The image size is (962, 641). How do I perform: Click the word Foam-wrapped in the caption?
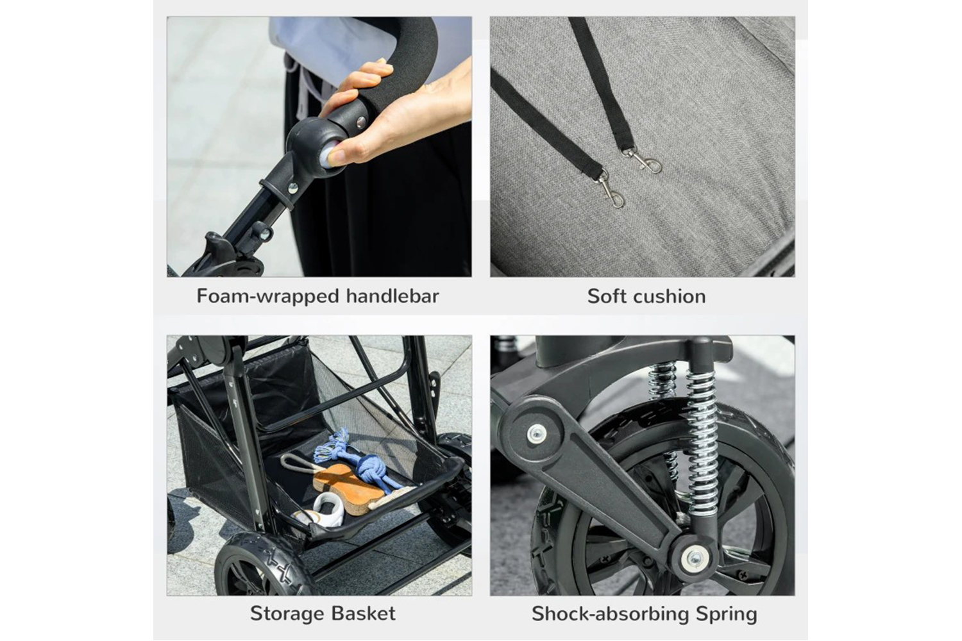point(268,297)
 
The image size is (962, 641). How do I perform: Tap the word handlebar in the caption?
point(392,296)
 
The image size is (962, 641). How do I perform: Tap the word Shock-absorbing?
point(611,614)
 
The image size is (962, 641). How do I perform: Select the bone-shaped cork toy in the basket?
point(347,490)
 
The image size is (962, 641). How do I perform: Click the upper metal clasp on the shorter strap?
point(642,160)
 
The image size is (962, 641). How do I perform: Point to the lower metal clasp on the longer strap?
point(611,190)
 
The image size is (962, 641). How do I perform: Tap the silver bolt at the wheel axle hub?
point(694,558)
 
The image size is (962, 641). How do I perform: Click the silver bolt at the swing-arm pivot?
point(537,433)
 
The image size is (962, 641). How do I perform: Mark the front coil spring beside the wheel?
point(702,442)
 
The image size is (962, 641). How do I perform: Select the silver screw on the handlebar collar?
point(293,188)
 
